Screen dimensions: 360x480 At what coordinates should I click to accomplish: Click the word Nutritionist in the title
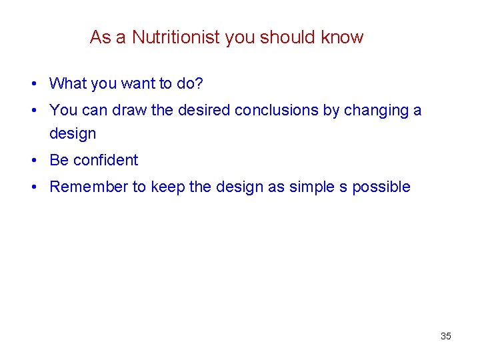click(176, 37)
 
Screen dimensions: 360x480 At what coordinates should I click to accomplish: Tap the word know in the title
click(342, 37)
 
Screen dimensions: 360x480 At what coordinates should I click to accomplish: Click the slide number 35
click(446, 336)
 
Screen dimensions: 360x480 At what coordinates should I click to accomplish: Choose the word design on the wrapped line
click(73, 134)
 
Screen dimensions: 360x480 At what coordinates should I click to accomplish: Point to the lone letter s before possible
click(343, 187)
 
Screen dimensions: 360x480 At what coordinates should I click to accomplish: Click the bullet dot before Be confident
click(33, 161)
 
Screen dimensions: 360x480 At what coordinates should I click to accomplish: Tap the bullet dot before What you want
click(33, 84)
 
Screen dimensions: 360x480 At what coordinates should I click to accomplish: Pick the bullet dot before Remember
click(33, 187)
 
